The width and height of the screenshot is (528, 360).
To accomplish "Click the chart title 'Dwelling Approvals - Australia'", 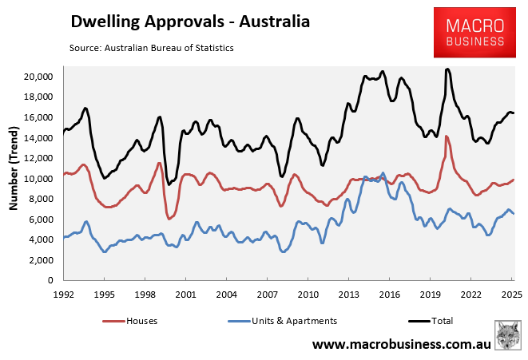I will (x=189, y=21).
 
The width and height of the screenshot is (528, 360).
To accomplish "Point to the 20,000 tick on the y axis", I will (x=37, y=77).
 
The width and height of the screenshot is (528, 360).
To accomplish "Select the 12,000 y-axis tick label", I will (x=37, y=158).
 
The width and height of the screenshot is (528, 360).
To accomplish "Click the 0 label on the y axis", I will (x=50, y=281).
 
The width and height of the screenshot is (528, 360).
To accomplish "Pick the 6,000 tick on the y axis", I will (x=40, y=220).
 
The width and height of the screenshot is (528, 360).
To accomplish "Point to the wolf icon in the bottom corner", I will (x=508, y=335).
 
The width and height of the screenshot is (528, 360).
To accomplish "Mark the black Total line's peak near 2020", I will (x=447, y=69).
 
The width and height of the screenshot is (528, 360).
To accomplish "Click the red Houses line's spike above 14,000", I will (x=446, y=136).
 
